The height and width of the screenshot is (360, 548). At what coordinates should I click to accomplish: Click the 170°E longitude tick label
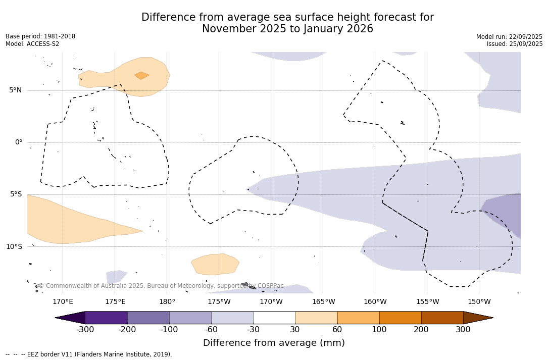63,302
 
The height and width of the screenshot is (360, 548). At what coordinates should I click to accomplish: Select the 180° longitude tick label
167,302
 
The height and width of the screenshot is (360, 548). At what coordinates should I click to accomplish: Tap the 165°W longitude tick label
323,302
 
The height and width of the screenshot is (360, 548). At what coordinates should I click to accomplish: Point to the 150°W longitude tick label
479,302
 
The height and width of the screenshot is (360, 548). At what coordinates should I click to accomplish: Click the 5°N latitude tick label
15,90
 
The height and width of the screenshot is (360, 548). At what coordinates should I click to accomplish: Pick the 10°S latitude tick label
14,246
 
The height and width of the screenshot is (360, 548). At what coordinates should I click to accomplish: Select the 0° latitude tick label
19,142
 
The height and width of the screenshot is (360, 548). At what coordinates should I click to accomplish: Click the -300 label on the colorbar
85,330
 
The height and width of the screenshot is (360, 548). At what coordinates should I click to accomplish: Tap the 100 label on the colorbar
379,330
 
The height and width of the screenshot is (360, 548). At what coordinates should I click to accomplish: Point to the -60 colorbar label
211,330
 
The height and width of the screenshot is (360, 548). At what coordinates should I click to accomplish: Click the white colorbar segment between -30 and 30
274,318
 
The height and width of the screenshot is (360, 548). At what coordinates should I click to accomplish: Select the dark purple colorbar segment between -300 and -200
106,318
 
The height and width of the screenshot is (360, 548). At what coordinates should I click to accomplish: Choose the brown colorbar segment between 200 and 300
442,318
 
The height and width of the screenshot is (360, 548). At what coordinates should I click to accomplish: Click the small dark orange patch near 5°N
141,76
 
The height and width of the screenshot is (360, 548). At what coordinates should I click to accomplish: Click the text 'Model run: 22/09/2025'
509,37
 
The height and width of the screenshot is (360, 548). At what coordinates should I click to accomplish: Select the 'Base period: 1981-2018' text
40,36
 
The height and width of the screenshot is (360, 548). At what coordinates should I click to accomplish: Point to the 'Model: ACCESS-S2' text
32,44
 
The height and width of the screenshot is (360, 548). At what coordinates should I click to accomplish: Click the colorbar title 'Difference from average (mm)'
274,343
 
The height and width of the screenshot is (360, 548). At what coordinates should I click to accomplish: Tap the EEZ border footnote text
89,354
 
